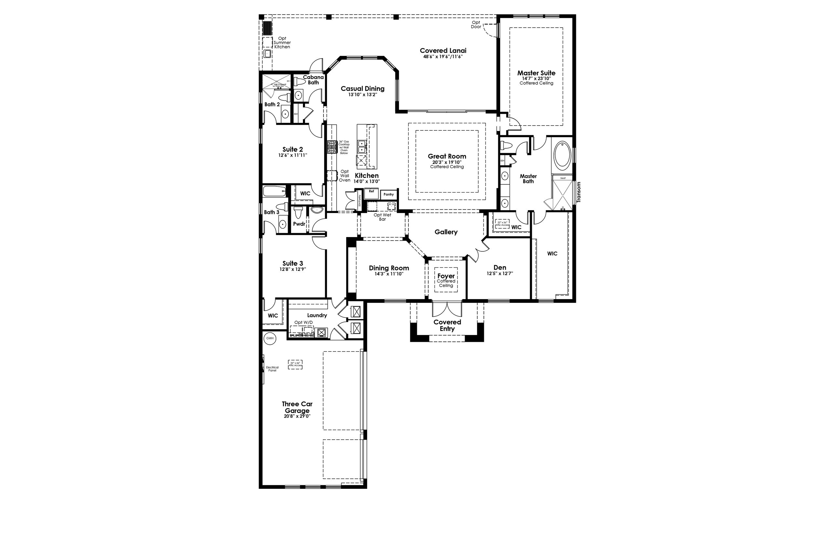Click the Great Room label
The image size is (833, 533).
447,156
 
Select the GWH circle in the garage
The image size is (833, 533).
270,338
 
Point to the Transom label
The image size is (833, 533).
579,192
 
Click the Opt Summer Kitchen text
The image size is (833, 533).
282,43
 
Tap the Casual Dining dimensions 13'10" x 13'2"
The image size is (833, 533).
362,95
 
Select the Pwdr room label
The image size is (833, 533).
299,224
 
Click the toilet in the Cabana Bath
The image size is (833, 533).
299,82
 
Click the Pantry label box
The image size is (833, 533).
389,194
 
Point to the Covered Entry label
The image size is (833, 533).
447,325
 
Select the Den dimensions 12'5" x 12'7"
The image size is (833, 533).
499,273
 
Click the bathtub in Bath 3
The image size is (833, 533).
274,191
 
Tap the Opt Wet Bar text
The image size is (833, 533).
382,217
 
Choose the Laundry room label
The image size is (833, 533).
317,315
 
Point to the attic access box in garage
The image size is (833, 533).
295,365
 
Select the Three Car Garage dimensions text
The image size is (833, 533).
297,416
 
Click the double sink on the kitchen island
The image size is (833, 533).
361,146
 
